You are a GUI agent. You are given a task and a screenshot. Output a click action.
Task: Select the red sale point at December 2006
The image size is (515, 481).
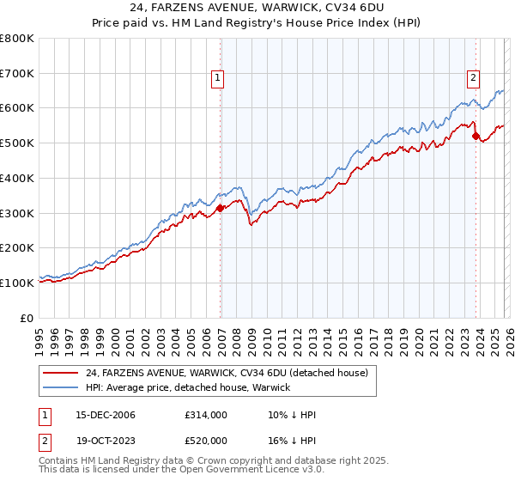pos(221,207)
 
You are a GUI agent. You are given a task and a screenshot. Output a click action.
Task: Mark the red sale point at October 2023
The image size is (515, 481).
pos(476,136)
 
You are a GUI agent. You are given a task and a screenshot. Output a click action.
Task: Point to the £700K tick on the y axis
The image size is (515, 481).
pos(17,74)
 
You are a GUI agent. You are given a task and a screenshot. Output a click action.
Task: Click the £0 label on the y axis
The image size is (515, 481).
pos(27,318)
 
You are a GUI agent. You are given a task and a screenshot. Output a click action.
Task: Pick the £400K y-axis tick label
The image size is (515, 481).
pos(17,179)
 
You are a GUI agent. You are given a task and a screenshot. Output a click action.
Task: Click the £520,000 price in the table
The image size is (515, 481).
pos(206,439)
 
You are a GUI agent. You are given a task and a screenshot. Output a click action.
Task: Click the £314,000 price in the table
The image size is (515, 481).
pos(206,415)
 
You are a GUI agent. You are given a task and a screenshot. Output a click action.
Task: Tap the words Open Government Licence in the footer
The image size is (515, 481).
pos(257,471)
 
